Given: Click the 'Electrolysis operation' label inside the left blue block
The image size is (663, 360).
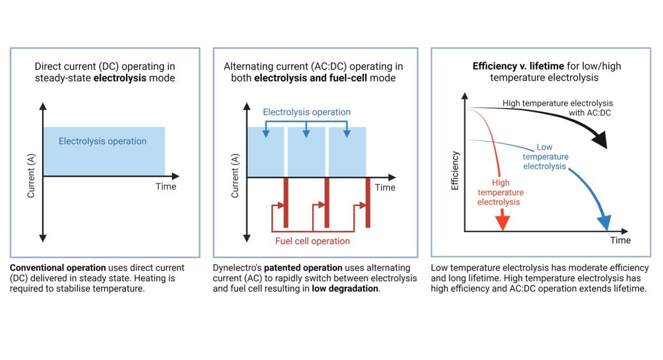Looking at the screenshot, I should tap(102, 142).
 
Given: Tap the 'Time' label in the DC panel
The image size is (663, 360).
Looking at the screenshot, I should tap(166, 187).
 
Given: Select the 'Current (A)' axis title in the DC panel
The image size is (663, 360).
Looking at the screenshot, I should tap(31, 177).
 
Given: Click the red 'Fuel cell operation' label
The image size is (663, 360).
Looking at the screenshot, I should tap(312, 241).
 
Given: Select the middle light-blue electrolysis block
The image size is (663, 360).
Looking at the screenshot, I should tap(306, 151).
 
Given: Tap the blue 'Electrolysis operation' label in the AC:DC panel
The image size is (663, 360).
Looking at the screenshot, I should tap(307, 112).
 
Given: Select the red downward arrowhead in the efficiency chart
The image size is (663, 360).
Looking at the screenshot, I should tap(502, 222).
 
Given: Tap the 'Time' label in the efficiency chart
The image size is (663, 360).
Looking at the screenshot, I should tap(620, 240).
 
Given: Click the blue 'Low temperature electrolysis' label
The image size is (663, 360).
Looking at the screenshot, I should tap(544, 157).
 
